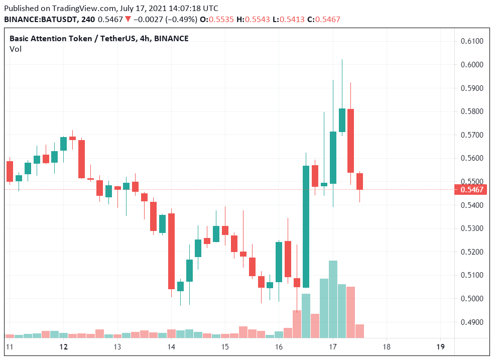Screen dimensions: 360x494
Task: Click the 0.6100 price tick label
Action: point(472,41)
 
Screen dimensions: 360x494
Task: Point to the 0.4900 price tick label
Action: point(472,322)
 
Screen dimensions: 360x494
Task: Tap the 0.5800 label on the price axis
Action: point(472,111)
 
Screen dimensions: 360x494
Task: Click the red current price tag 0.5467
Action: point(472,189)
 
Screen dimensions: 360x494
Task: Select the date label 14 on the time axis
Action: point(171,347)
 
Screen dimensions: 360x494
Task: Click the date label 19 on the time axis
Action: point(441,347)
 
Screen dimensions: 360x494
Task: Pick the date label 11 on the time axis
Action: point(10,347)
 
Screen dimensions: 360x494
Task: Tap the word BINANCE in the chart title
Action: point(171,38)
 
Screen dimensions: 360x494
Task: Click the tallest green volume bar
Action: point(333,299)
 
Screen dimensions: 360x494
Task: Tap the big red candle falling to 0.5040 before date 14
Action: point(171,251)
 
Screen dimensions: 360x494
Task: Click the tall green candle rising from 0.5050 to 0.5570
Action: point(306,226)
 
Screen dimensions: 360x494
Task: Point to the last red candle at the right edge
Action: point(360,181)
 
